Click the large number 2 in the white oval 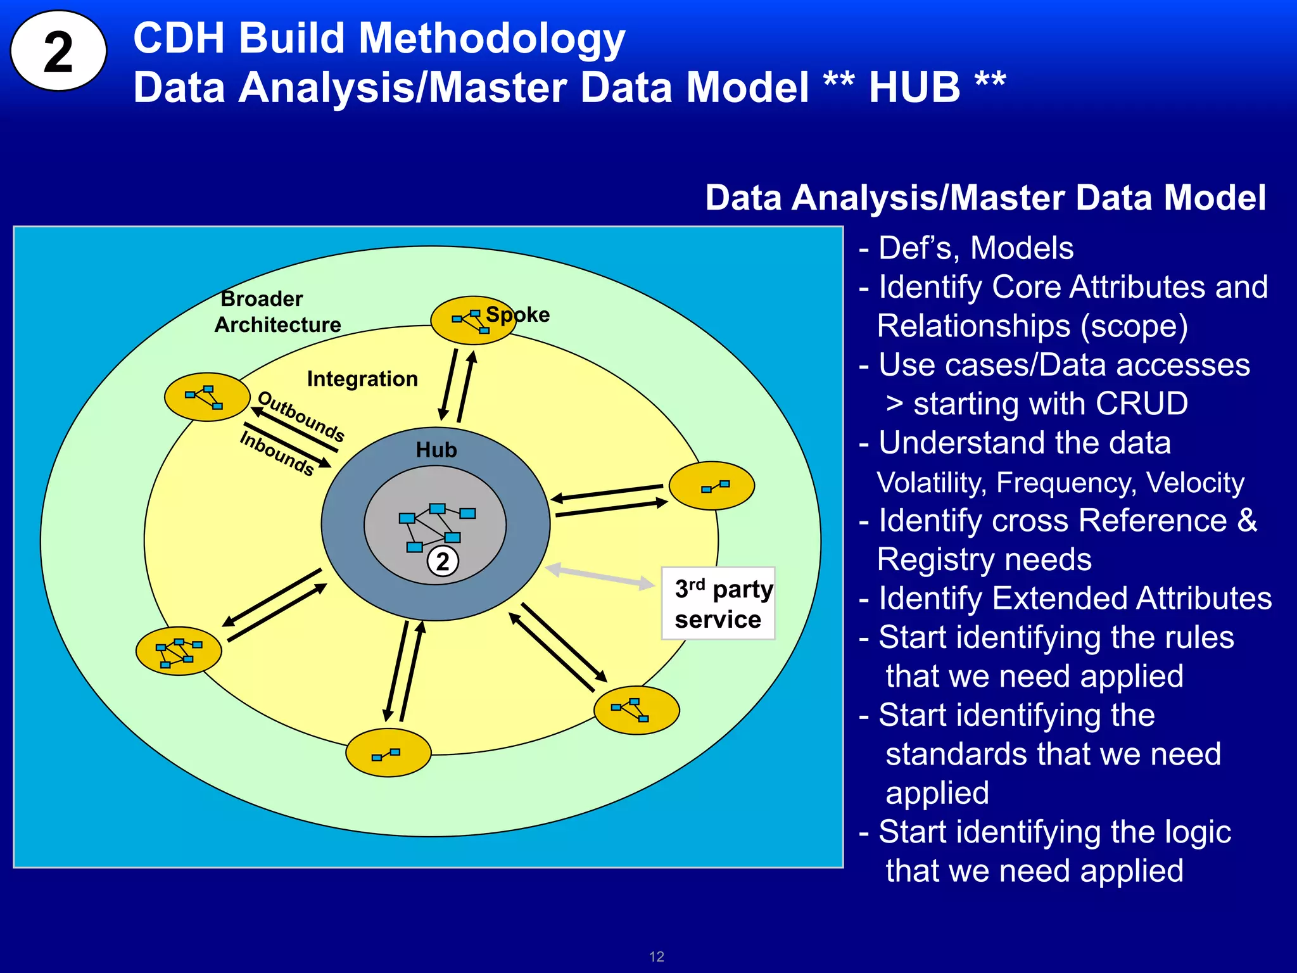pyautogui.click(x=58, y=52)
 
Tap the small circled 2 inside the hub pyautogui.click(x=443, y=561)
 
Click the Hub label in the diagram pyautogui.click(x=436, y=450)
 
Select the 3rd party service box pyautogui.click(x=718, y=604)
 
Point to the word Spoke pyautogui.click(x=518, y=314)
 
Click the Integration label pyautogui.click(x=362, y=379)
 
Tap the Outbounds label pyautogui.click(x=301, y=416)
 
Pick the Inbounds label pyautogui.click(x=277, y=452)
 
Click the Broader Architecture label pyautogui.click(x=277, y=312)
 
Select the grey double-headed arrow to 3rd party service pyautogui.click(x=599, y=576)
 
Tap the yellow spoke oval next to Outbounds pyautogui.click(x=206, y=397)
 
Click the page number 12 pyautogui.click(x=657, y=957)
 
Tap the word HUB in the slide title pyautogui.click(x=914, y=87)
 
